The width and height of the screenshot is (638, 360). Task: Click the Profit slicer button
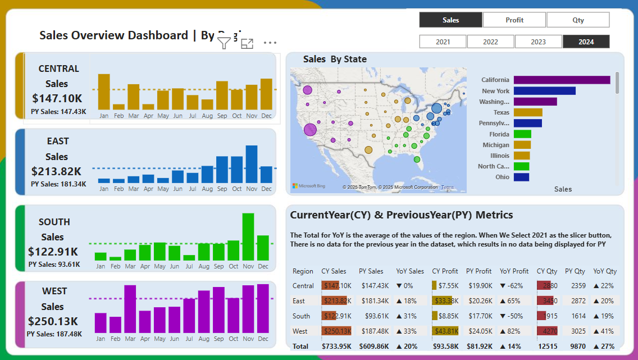[514, 20]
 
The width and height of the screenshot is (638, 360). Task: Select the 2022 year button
[490, 42]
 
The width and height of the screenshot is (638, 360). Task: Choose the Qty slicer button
[578, 20]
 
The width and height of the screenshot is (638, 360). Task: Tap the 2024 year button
[586, 42]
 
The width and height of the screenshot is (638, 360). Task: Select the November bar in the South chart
[248, 237]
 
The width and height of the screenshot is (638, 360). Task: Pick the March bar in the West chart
[130, 309]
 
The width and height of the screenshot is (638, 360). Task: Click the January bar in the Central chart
[104, 92]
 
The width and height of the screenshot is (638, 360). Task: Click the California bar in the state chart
[562, 80]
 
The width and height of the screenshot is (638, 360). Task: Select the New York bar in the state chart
[544, 91]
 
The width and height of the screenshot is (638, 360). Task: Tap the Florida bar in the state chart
[522, 134]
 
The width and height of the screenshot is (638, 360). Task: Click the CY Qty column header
[547, 271]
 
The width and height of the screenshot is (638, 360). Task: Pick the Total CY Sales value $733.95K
[336, 346]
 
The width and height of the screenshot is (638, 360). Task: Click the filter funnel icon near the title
[224, 43]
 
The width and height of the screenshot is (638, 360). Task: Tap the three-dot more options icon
[270, 43]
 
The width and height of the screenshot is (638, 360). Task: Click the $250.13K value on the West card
[53, 321]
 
